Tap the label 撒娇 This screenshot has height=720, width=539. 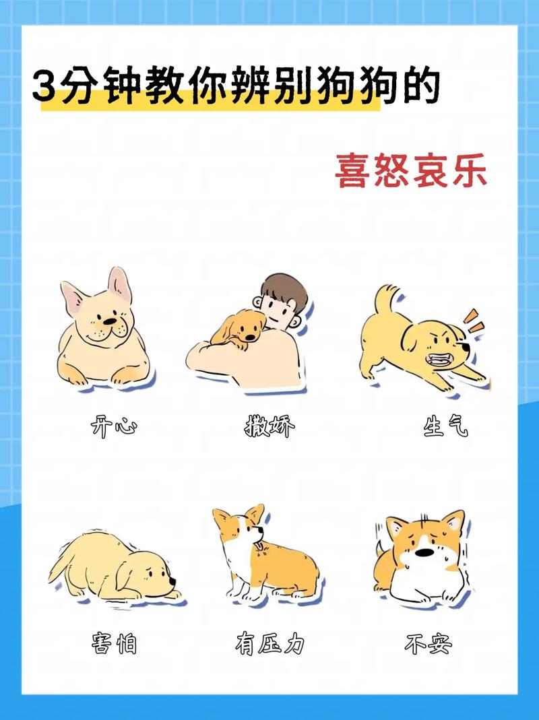click(x=269, y=426)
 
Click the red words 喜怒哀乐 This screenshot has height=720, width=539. click(x=411, y=170)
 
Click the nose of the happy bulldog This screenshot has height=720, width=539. click(x=109, y=321)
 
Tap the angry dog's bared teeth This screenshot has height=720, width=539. click(x=437, y=358)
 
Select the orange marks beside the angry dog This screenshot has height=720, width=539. click(x=474, y=321)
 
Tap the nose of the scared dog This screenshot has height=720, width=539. click(x=172, y=581)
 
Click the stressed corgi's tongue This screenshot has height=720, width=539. click(x=259, y=546)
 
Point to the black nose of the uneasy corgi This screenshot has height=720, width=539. click(x=424, y=552)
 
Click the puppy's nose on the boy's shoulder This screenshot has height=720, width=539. click(x=251, y=337)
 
